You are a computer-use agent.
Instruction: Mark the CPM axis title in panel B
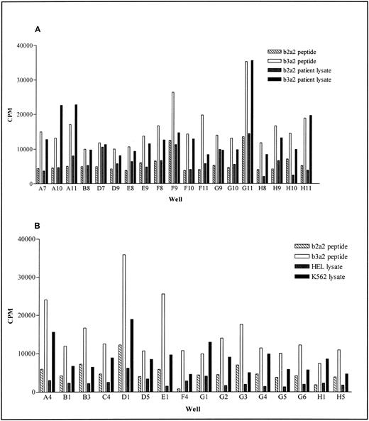10,315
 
